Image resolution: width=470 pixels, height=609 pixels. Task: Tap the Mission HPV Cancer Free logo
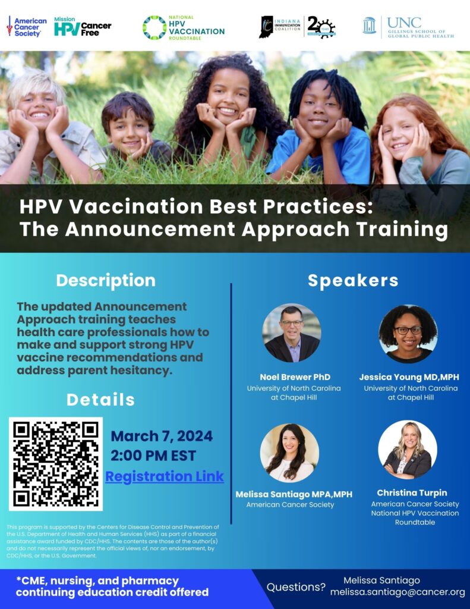[x=82, y=27]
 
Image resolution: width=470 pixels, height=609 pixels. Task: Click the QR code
[x=56, y=464]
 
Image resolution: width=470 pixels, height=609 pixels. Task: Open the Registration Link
[x=165, y=476]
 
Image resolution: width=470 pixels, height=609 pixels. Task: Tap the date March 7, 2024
[x=162, y=436]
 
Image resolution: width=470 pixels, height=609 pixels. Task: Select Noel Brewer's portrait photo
[x=292, y=333]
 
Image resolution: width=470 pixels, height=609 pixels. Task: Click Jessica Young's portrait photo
[x=408, y=334]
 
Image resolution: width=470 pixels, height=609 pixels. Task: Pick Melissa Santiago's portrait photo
[x=289, y=453]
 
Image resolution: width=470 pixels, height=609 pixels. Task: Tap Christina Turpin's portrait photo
[x=408, y=450]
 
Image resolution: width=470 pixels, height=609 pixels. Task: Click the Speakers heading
[x=353, y=281]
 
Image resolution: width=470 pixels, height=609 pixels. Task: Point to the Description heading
[x=106, y=280]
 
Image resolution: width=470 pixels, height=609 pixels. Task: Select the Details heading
[x=100, y=400]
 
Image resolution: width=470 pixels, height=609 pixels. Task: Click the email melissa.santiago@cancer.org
[x=398, y=592]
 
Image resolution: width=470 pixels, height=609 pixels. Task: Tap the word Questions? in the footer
[x=296, y=587]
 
